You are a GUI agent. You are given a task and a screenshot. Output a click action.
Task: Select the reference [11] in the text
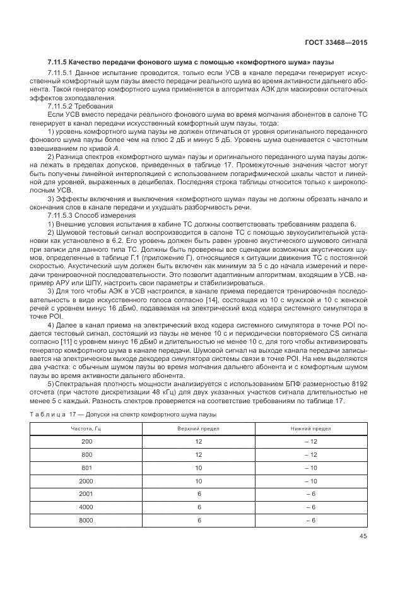[74, 341]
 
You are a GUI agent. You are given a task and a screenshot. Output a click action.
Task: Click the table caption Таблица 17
[66, 414]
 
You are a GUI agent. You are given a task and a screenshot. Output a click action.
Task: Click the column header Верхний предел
[199, 428]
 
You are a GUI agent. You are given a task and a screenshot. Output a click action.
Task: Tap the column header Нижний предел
[310, 428]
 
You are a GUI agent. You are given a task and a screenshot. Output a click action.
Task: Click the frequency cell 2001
[86, 493]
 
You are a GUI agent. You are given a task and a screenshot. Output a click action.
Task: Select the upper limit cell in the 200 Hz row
[199, 440]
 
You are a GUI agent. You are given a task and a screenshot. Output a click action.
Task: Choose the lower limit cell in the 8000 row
[310, 519]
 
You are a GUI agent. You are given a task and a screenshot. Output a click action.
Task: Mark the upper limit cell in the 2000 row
[199, 480]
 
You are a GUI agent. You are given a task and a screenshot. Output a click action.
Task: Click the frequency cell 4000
[86, 507]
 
